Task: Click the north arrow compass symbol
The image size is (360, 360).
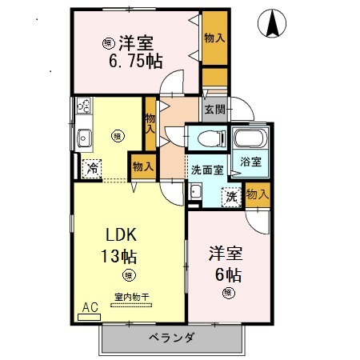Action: click(273, 25)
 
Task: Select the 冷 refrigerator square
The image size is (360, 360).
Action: click(92, 168)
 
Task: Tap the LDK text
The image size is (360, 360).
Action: click(124, 235)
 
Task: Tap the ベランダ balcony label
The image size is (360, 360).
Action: click(171, 337)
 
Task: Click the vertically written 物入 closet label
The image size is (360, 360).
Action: click(150, 123)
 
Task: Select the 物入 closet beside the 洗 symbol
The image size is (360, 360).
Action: click(257, 194)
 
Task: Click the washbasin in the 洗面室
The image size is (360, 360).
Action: click(195, 192)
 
